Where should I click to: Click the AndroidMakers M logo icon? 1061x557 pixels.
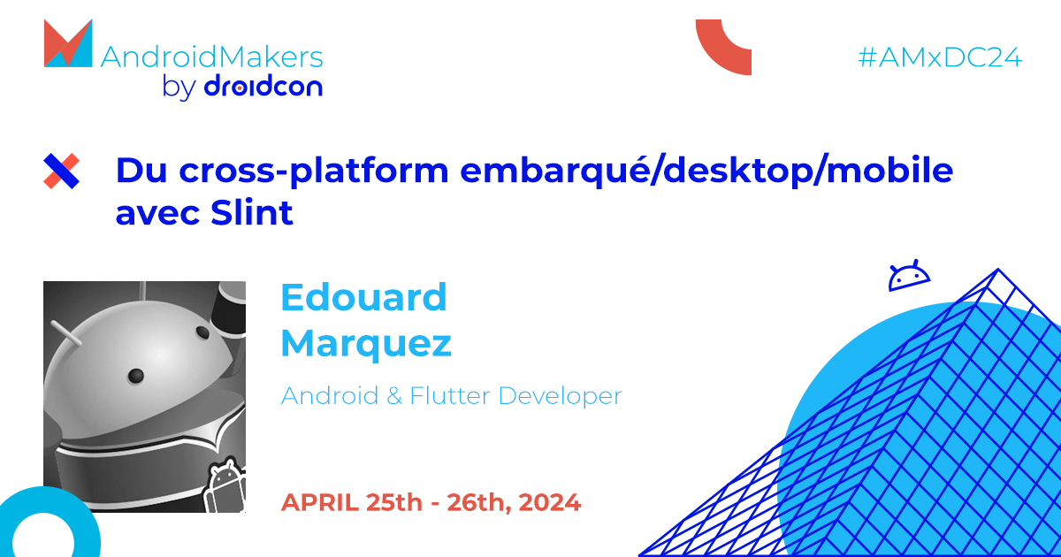(x=68, y=43)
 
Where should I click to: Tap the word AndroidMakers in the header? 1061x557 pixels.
(x=212, y=57)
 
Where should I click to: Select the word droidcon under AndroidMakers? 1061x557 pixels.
(x=263, y=87)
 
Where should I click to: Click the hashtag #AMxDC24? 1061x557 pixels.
(x=940, y=57)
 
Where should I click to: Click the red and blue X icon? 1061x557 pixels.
(x=62, y=171)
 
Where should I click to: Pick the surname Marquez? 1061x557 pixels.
(x=366, y=343)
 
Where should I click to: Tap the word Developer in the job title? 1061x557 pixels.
(x=561, y=395)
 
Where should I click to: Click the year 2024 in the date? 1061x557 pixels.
(x=550, y=502)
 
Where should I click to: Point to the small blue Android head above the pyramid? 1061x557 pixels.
(x=910, y=277)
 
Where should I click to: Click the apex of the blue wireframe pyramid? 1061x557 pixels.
(x=997, y=270)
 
